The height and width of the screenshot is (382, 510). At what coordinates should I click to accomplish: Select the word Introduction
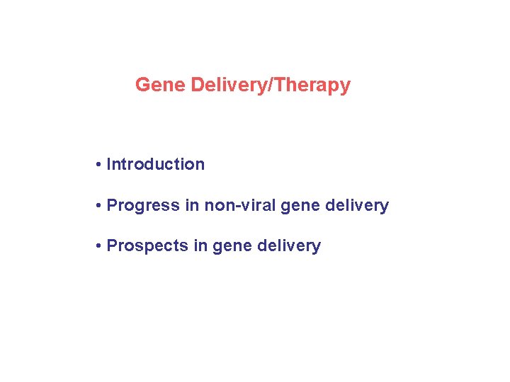tap(155, 164)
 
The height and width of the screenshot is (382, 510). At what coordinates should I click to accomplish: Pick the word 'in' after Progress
tap(191, 206)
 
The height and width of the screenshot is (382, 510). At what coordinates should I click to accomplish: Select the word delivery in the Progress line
tap(356, 206)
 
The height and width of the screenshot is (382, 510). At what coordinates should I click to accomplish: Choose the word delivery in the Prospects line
tap(288, 246)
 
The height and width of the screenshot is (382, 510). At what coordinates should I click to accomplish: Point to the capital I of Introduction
tap(108, 164)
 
